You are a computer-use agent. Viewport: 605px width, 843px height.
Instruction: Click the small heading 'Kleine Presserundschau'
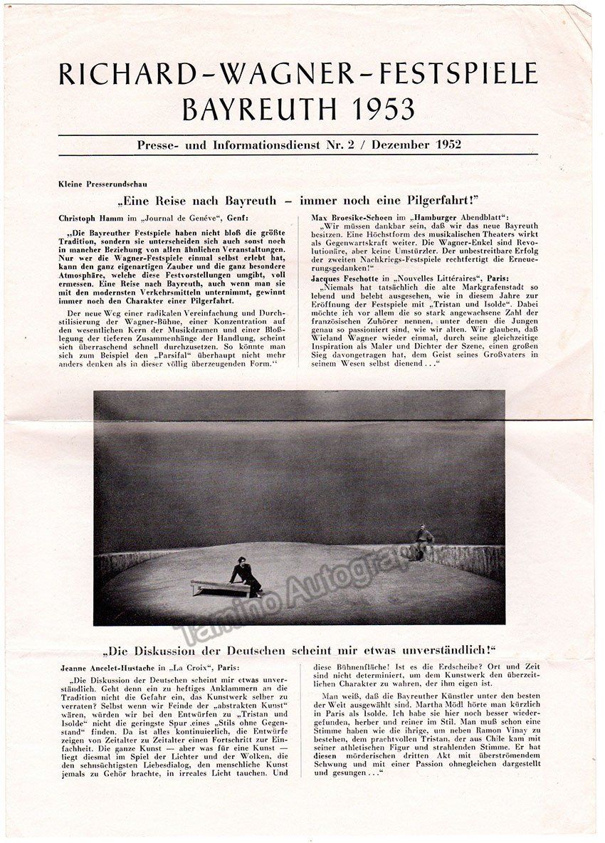[x=93, y=184]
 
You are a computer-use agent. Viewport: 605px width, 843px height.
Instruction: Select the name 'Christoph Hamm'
[x=90, y=217]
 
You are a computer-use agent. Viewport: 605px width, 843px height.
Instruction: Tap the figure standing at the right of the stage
[x=424, y=542]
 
